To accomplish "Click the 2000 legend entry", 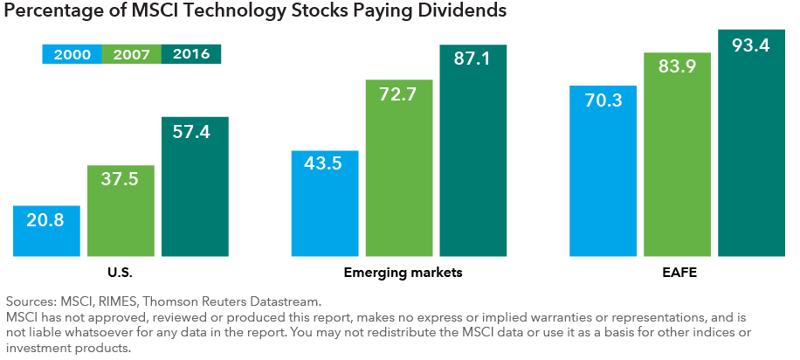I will point(72,54).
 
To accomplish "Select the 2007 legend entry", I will point(132,54).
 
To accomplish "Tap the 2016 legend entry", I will point(191,54).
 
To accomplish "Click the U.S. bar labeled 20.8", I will point(46,232).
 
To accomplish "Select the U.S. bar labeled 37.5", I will point(121,211).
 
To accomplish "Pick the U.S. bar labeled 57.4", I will point(195,187).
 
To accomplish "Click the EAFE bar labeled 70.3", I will point(603,171).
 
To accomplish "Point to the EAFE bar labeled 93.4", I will point(750,143).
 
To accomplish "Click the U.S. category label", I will point(121,273).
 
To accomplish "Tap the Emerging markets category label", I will point(398,273).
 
